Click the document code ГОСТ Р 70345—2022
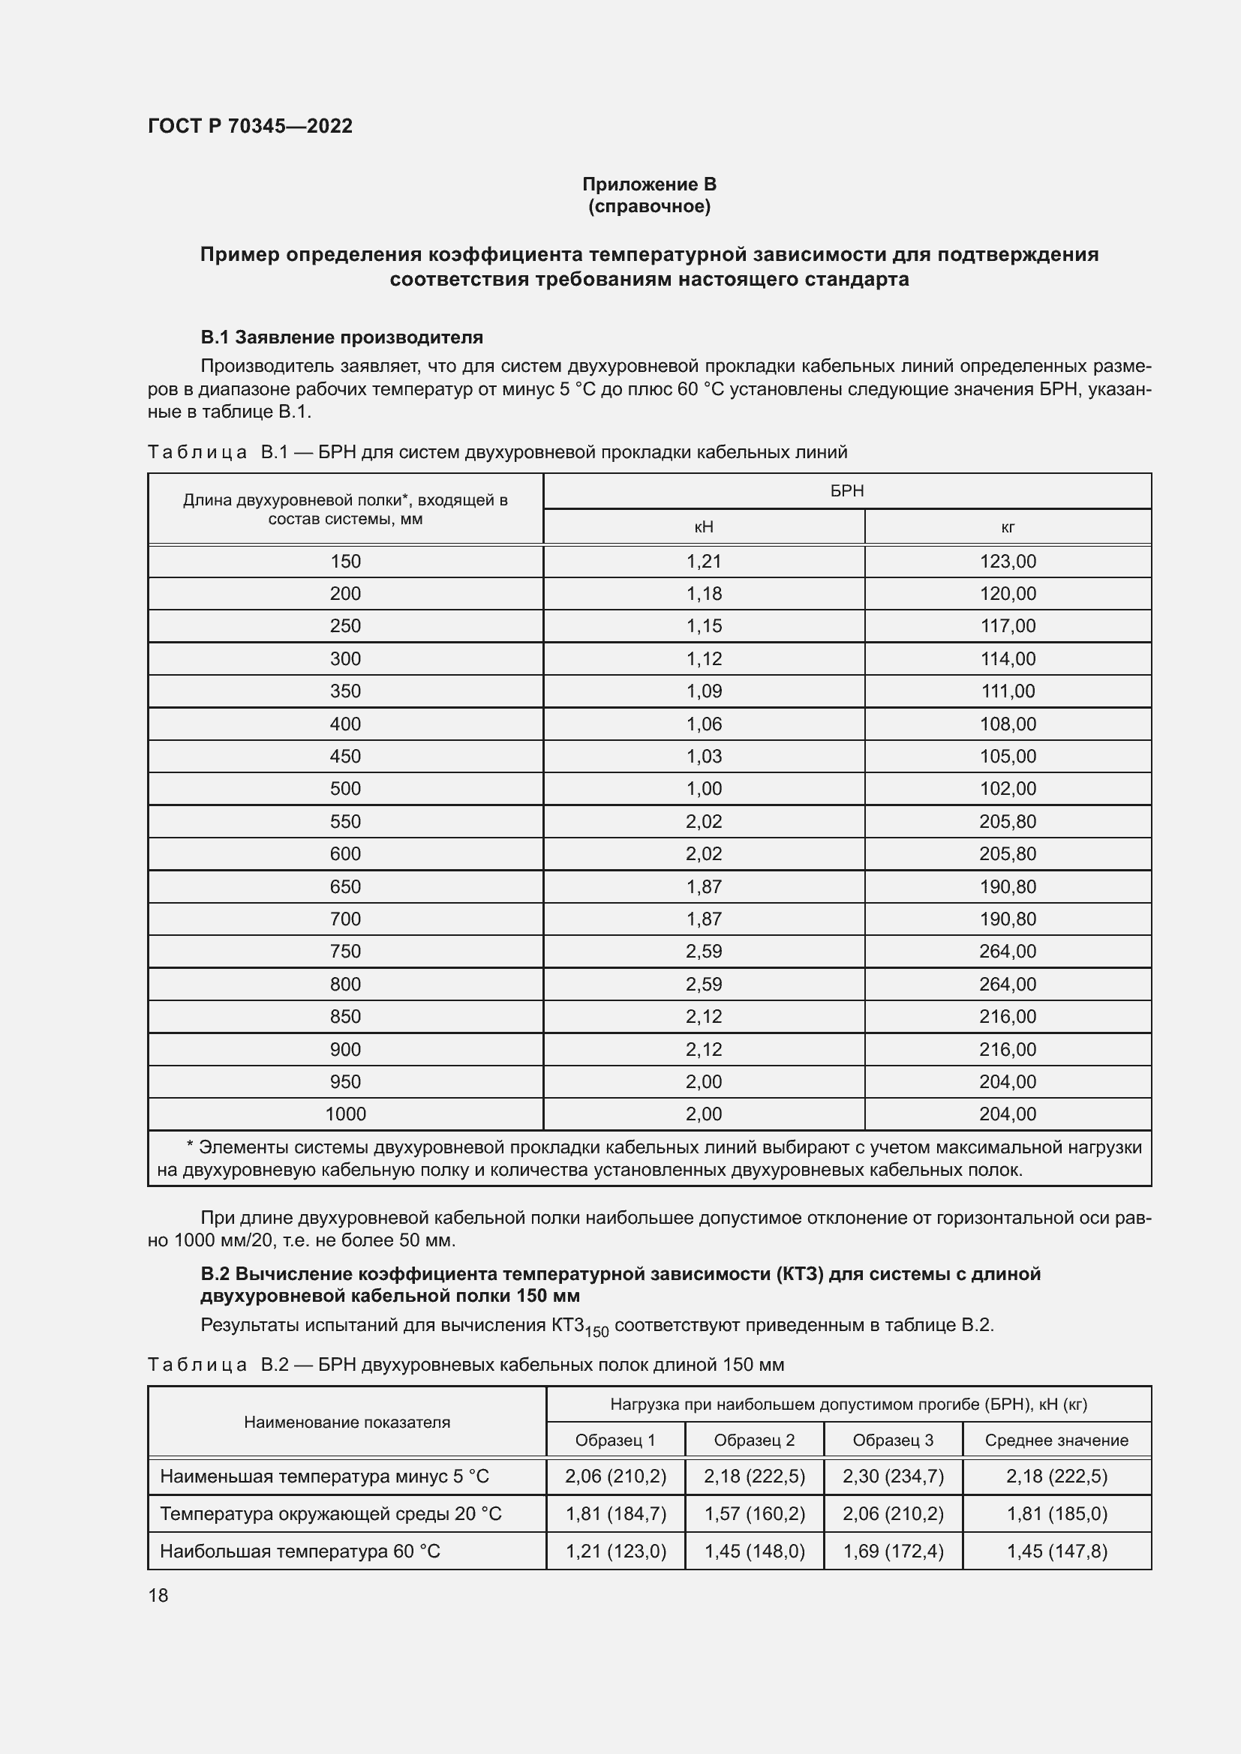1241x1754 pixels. [x=250, y=126]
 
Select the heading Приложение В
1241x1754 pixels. [x=649, y=184]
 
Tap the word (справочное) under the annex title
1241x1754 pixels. [x=649, y=206]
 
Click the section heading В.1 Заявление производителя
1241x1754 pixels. [x=341, y=337]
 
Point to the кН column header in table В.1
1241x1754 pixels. [x=703, y=526]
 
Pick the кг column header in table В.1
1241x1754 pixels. [x=1007, y=526]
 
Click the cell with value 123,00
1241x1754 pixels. [x=1007, y=562]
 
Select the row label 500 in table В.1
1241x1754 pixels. [x=345, y=788]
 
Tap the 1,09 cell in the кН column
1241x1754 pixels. [x=703, y=691]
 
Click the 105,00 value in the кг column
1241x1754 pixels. [x=1007, y=757]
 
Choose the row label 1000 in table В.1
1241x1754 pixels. [x=345, y=1114]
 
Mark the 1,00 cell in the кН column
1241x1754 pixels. [x=703, y=788]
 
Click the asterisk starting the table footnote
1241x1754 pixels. [x=191, y=1146]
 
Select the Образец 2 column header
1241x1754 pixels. [x=753, y=1440]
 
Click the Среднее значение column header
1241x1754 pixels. [x=1056, y=1440]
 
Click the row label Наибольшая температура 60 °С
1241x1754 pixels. [x=299, y=1552]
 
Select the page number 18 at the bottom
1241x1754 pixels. [x=158, y=1595]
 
